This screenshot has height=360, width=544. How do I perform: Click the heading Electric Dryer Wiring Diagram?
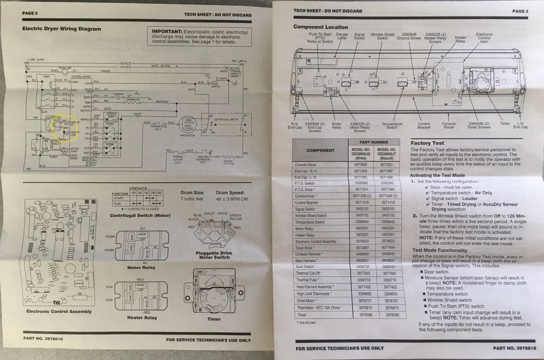[x=61, y=29]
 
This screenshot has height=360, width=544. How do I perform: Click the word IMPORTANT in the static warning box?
[x=167, y=32]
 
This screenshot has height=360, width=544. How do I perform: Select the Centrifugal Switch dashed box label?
[x=226, y=119]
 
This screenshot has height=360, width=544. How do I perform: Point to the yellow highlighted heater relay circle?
[x=65, y=127]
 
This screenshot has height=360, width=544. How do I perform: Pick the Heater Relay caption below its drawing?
[x=142, y=318]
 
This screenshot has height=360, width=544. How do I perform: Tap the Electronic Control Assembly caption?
[x=59, y=312]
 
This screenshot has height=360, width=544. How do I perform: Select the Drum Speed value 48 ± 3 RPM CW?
[x=232, y=199]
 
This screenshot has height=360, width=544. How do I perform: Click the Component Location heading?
[x=320, y=27]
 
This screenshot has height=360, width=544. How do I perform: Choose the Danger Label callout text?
[x=342, y=36]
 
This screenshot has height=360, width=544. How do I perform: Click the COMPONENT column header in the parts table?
[x=320, y=150]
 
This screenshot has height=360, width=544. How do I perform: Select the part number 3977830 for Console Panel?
[x=360, y=165]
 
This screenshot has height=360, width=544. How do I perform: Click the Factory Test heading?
[x=427, y=143]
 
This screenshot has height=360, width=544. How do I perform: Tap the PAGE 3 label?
[x=520, y=11]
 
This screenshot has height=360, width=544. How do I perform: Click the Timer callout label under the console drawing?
[x=505, y=124]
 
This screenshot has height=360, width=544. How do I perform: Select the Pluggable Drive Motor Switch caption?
[x=214, y=255]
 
